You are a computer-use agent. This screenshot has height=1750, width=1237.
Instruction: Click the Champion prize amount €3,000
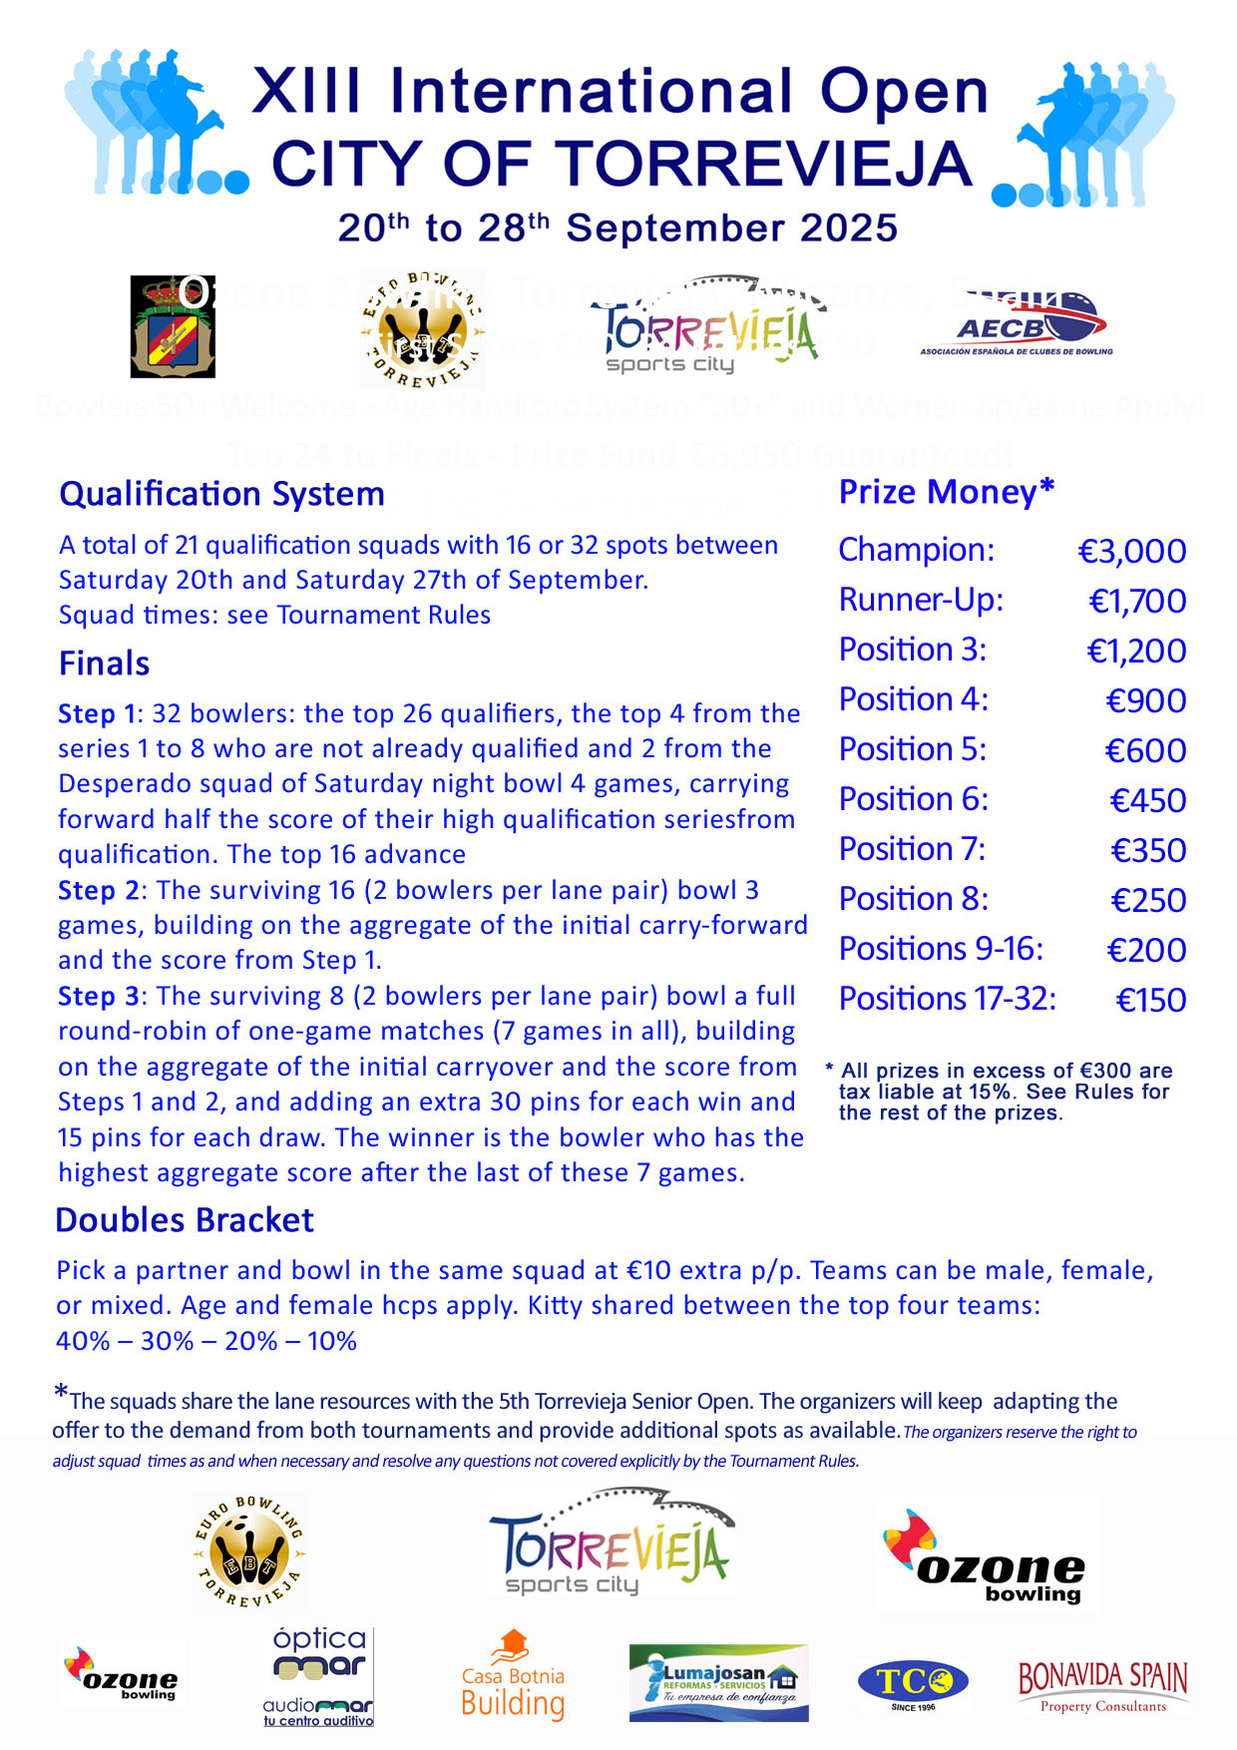coord(1132,552)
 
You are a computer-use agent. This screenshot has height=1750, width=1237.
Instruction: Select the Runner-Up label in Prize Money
coord(921,600)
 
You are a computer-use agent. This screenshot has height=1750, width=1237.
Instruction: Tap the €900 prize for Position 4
coord(1146,701)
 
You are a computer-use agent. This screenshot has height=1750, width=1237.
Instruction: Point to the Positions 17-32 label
coord(947,999)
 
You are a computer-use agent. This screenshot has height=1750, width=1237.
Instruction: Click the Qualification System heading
coord(221,494)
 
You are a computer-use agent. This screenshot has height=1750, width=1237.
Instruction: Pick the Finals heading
coord(104,663)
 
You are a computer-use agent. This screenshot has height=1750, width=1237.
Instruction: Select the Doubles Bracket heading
coord(185,1220)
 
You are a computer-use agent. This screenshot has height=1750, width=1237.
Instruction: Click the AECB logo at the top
coord(1017,324)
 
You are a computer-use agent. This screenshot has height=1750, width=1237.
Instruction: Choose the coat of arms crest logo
coord(172,326)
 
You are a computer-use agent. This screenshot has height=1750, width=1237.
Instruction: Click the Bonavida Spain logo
coord(1102,1686)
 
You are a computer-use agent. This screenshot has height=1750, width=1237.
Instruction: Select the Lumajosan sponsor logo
coord(718,1683)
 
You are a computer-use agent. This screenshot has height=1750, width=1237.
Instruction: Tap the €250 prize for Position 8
coord(1148,901)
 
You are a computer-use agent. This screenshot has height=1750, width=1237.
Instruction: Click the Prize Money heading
coord(946,492)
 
